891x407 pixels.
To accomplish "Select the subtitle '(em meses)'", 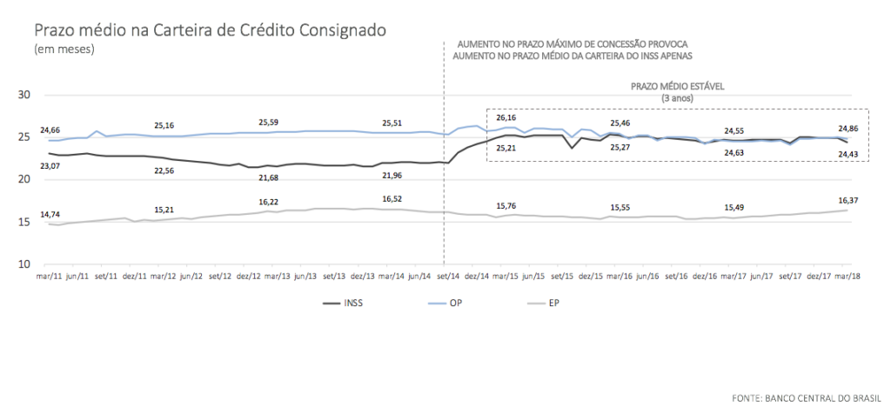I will coord(64,49).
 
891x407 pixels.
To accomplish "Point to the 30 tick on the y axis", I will coord(24,95).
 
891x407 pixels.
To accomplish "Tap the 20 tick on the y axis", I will coord(24,180).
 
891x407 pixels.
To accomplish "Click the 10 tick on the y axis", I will coord(24,264).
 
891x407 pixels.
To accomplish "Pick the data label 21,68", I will coord(271,177).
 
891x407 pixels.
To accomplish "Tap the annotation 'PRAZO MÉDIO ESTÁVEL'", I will coord(678,88).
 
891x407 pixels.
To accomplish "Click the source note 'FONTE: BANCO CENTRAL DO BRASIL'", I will coord(807,397).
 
